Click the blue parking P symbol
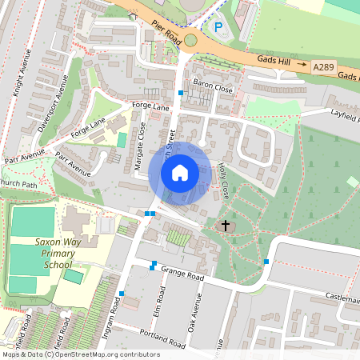218,27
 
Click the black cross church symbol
226,226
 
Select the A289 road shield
325,70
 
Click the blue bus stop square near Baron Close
181,94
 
